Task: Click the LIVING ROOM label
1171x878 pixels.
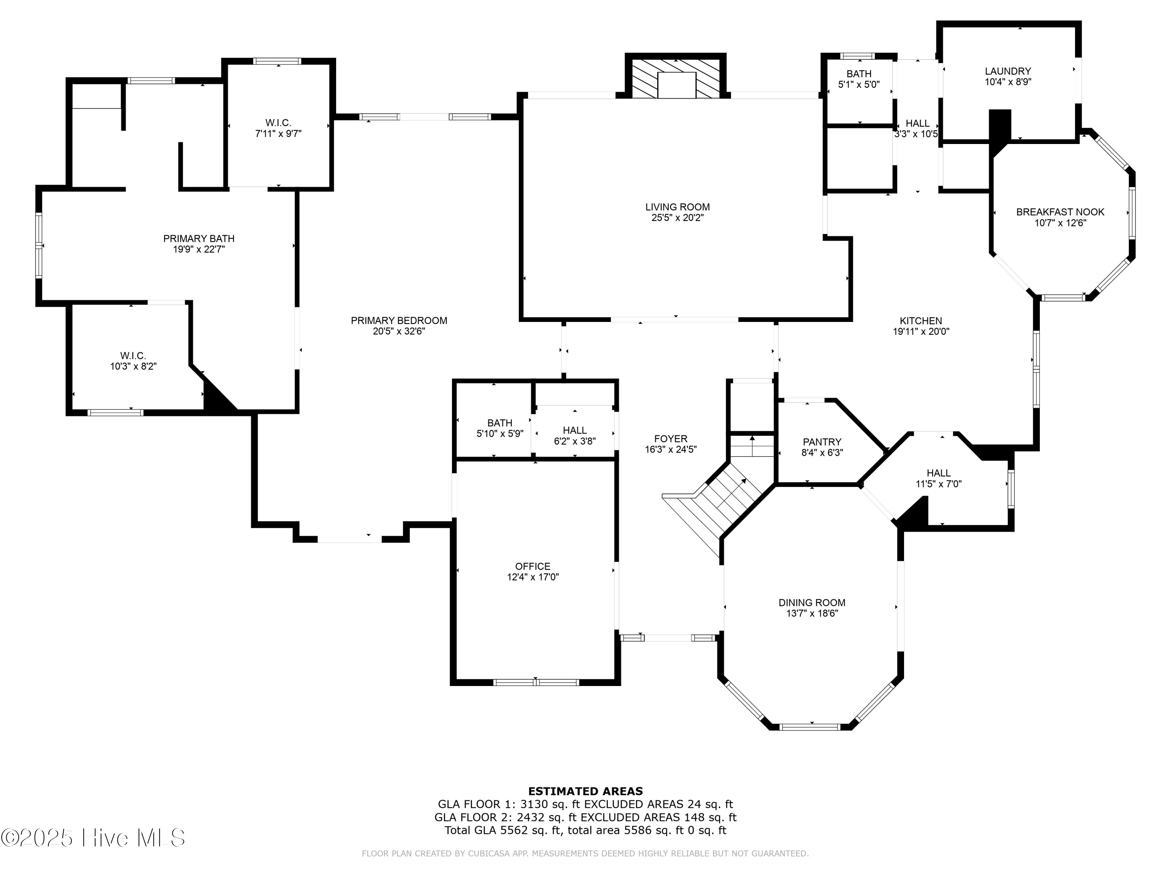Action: pyautogui.click(x=677, y=207)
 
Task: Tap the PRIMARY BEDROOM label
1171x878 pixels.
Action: pyautogui.click(x=399, y=320)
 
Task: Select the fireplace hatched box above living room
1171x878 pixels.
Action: pyautogui.click(x=676, y=78)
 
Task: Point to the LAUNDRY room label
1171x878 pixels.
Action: pyautogui.click(x=1007, y=71)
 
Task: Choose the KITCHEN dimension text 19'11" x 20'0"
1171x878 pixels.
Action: pyautogui.click(x=920, y=332)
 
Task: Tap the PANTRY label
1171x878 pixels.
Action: pyautogui.click(x=822, y=442)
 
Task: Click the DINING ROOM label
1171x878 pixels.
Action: pyautogui.click(x=812, y=602)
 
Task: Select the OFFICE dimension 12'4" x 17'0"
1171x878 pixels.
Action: pyautogui.click(x=532, y=577)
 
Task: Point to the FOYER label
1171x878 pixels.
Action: pyautogui.click(x=670, y=439)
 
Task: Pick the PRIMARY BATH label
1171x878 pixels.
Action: pyautogui.click(x=199, y=239)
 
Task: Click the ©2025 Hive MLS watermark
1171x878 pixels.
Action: pyautogui.click(x=93, y=838)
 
